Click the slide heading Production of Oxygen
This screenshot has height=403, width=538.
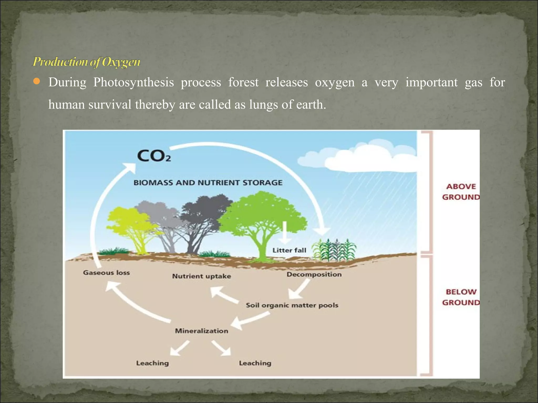point(86,62)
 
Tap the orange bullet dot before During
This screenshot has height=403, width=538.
point(37,82)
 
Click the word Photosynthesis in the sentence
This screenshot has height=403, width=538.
point(133,82)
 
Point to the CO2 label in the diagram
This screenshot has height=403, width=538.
point(154,156)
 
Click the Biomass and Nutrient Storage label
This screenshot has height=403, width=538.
point(208,183)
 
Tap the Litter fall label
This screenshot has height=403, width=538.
point(289,250)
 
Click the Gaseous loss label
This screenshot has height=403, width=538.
point(106,273)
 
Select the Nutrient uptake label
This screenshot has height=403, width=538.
point(201,276)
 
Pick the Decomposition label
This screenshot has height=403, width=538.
point(314,274)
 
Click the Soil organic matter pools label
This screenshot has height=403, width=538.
point(292,305)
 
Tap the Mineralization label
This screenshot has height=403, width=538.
point(201,331)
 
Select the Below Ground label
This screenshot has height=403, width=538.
point(461,297)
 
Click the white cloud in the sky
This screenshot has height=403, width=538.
point(368,157)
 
